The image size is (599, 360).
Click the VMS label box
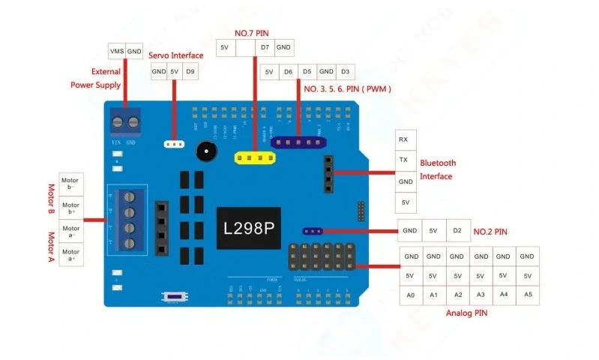coord(117,51)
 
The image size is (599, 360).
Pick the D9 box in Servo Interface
coord(190,72)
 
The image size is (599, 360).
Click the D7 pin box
coord(265,48)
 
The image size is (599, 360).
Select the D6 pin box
coord(288,72)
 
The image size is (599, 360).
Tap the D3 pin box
coord(345,72)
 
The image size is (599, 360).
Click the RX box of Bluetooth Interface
coord(403,139)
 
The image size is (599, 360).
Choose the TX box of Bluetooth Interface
coord(403,160)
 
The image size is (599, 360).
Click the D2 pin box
coord(457,231)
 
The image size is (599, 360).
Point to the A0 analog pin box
coord(411,295)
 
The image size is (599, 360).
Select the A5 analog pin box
coord(528,295)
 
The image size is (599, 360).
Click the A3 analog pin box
coord(481,295)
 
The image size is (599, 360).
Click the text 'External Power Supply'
coord(96,78)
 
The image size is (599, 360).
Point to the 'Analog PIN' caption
coord(466,313)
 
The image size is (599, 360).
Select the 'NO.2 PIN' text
coord(490,232)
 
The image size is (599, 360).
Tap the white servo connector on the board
coord(174,143)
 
